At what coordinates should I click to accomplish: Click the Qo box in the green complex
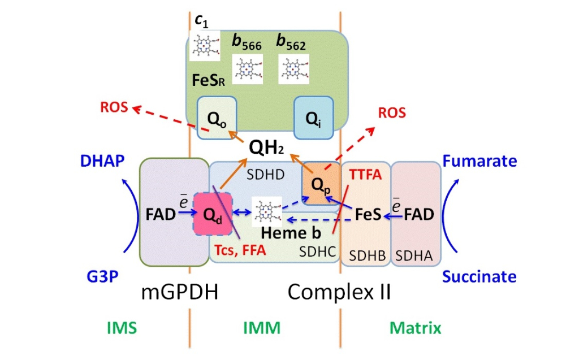217,118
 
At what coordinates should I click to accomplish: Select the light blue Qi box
313,118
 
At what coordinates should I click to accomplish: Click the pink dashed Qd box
213,214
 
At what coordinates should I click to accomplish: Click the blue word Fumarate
479,161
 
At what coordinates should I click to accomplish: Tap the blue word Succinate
479,277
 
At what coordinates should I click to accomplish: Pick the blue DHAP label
102,161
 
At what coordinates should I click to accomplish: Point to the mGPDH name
180,292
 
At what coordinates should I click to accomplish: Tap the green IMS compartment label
122,328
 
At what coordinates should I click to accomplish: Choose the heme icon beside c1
204,46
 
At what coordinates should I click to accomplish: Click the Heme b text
286,232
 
